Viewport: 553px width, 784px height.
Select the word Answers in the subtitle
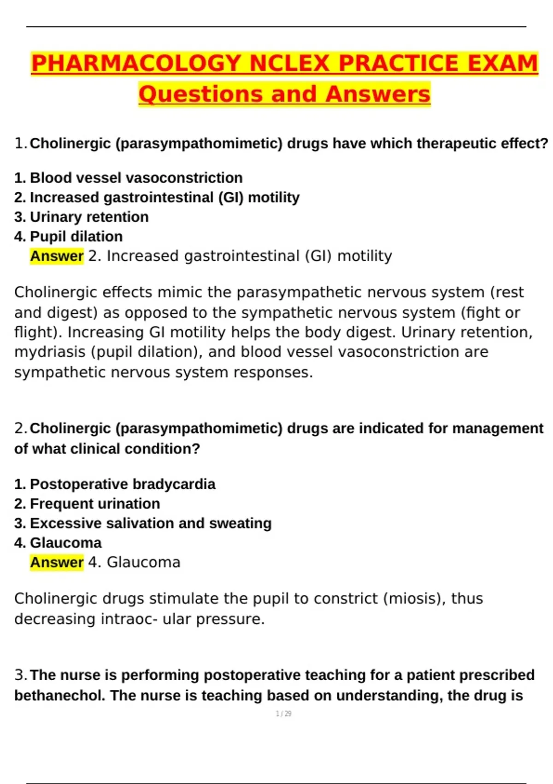[x=377, y=94]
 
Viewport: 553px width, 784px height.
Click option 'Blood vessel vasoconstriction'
[x=136, y=178]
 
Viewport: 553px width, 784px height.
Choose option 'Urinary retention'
[x=89, y=217]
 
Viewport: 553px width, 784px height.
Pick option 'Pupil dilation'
[x=76, y=237]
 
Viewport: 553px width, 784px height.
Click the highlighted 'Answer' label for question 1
[x=57, y=256]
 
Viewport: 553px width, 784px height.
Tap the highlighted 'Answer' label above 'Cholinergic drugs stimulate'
[x=57, y=562]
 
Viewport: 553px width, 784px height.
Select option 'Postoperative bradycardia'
[x=122, y=484]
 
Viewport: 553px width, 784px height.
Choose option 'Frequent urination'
[x=94, y=504]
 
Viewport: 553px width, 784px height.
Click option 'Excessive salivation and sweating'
[x=150, y=523]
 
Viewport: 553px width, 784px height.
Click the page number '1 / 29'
[x=283, y=713]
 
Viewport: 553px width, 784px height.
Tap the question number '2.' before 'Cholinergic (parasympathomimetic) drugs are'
[x=20, y=428]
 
